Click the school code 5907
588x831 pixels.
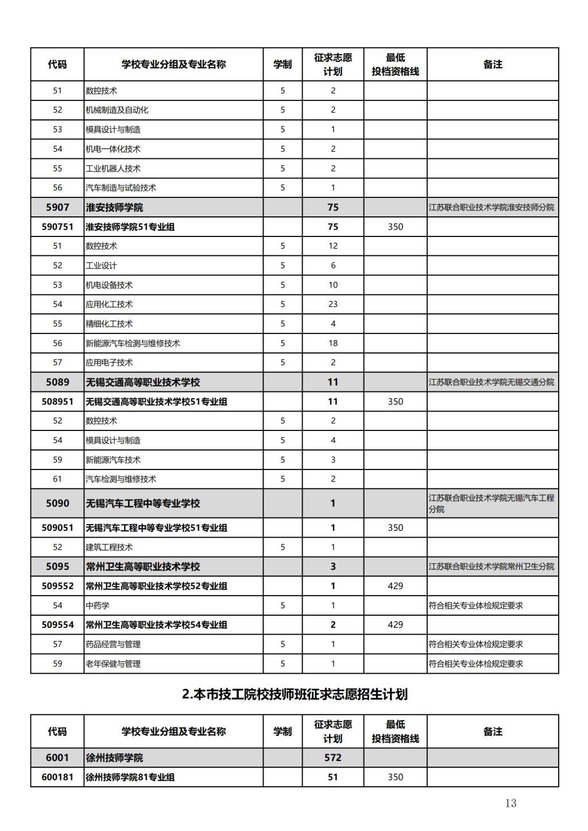coord(57,207)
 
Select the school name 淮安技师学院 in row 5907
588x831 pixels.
coord(114,207)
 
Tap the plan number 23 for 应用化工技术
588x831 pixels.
coord(333,304)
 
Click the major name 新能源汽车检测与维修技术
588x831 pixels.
coord(133,343)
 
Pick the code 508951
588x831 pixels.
coord(57,401)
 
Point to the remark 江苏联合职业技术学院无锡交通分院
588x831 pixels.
coord(492,382)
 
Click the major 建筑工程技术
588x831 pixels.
coord(109,547)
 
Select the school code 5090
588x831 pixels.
coord(57,503)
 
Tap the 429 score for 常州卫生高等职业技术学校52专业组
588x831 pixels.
coord(395,586)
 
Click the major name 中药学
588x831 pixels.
coord(98,605)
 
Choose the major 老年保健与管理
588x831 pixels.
coord(113,664)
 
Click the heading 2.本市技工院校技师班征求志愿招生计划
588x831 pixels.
coord(295,694)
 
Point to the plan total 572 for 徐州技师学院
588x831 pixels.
coord(333,758)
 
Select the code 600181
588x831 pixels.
coord(57,777)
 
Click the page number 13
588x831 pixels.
coord(510,803)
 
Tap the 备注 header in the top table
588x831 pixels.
coord(493,64)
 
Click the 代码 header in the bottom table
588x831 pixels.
coord(57,732)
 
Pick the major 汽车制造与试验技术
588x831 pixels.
coord(121,188)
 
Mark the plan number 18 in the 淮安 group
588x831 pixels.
coord(333,343)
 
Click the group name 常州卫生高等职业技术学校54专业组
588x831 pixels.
coord(156,625)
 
